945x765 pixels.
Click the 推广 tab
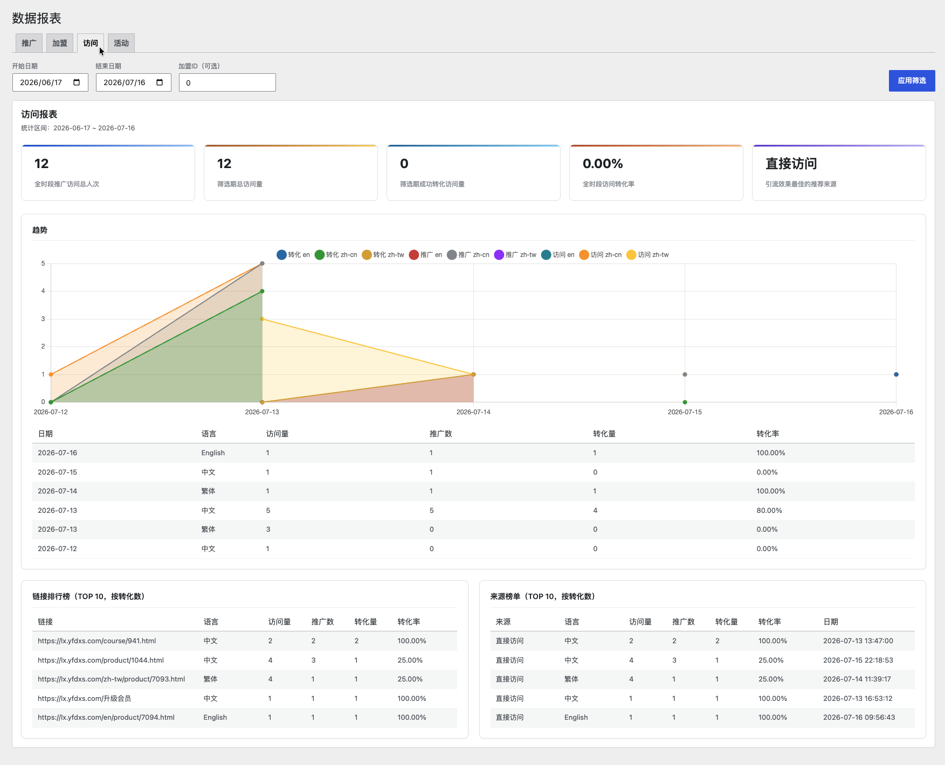pos(29,43)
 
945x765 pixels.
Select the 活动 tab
pos(121,43)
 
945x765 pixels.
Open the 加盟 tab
pos(60,43)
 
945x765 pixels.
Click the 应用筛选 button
pos(912,81)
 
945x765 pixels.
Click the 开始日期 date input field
pos(50,82)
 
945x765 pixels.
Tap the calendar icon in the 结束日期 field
pos(160,82)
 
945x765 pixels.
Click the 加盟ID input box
pos(227,82)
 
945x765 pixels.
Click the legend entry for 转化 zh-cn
pos(336,255)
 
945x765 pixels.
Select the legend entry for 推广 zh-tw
pos(515,255)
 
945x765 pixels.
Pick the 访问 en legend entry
pos(558,255)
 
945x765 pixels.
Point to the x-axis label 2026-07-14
pos(473,412)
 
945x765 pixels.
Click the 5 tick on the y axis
pos(43,263)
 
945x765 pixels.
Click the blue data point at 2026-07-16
pos(896,374)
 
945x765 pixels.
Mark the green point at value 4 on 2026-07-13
pos(262,291)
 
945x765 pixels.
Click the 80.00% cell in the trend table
pos(769,510)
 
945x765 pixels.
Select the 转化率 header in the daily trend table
pos(768,434)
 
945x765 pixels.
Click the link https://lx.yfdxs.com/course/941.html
pos(97,641)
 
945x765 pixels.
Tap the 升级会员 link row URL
pos(85,699)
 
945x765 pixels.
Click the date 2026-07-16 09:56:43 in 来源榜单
pos(859,718)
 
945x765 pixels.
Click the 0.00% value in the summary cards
pos(603,164)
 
